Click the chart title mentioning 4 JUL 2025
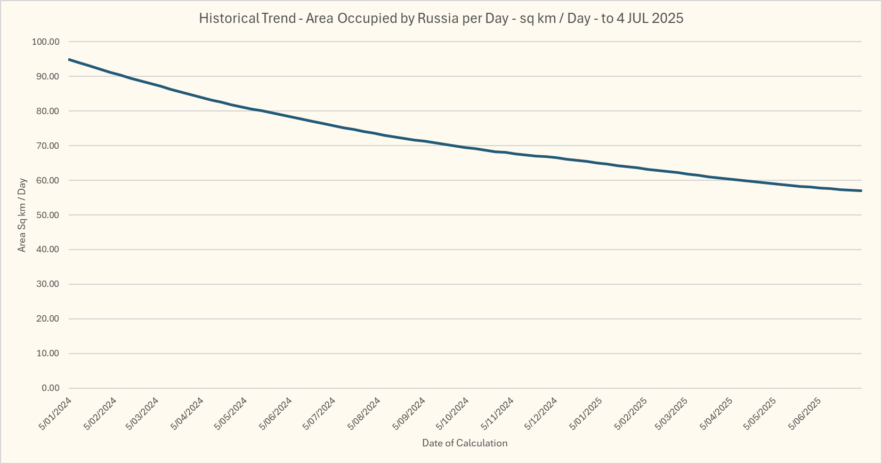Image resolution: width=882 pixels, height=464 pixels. (x=441, y=18)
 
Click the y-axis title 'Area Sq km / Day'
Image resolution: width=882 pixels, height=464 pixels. (x=22, y=215)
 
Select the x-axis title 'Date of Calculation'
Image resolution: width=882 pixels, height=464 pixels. (x=465, y=443)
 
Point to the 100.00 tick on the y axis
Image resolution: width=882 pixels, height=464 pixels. (x=46, y=42)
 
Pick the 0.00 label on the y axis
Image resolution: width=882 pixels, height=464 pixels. (x=50, y=388)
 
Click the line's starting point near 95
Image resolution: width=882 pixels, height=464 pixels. (x=69, y=59)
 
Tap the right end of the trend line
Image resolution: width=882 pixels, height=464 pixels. (x=861, y=190)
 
